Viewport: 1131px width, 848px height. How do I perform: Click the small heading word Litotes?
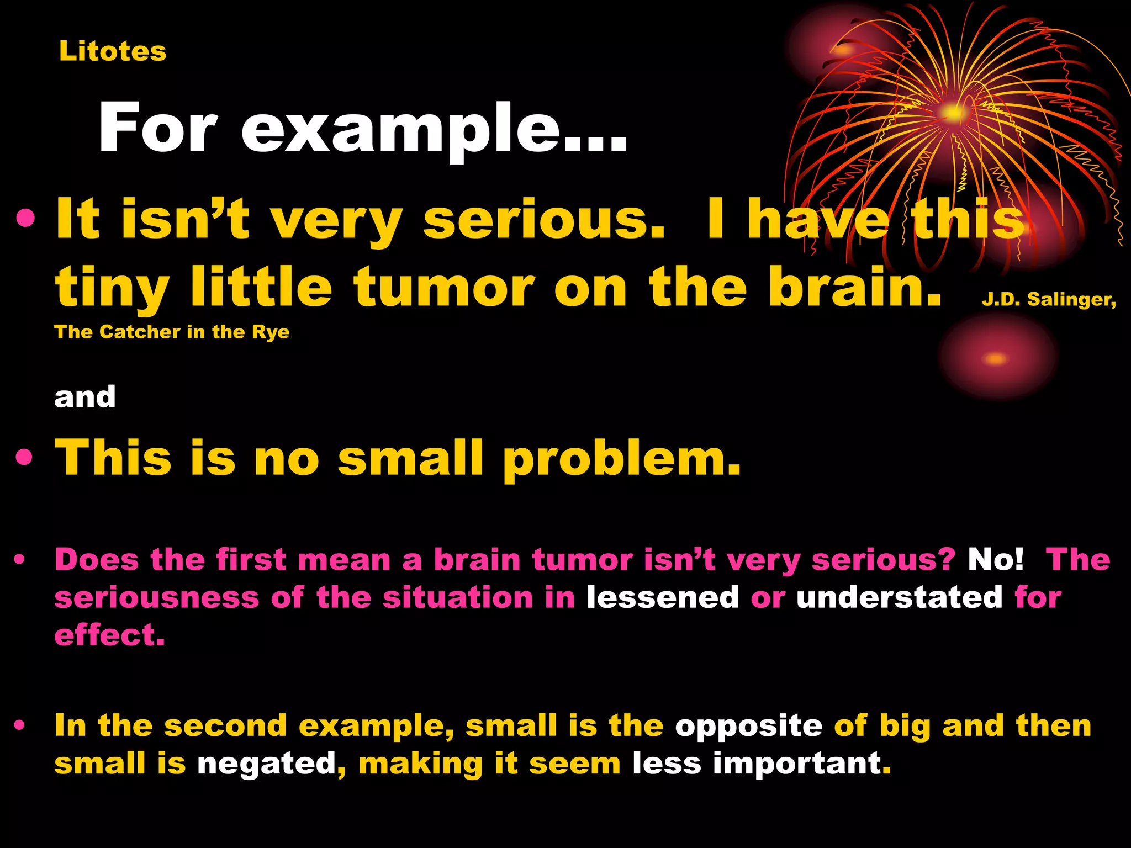[113, 51]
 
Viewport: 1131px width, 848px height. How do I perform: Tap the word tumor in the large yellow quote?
[443, 287]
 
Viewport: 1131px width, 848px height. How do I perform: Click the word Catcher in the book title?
[140, 332]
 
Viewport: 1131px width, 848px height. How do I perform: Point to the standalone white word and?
[85, 397]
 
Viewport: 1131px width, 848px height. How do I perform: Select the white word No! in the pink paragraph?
[995, 560]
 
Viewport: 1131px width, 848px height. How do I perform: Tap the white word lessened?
[662, 597]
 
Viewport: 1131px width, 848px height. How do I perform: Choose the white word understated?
[899, 597]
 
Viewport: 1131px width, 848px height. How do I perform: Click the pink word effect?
[109, 635]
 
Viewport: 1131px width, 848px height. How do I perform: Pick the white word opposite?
[748, 725]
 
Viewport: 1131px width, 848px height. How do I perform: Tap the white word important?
[802, 764]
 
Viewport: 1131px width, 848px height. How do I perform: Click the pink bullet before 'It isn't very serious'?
[25, 219]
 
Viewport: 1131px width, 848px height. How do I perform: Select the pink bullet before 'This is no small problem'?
[24, 458]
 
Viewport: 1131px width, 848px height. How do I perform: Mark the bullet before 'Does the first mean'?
[20, 560]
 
